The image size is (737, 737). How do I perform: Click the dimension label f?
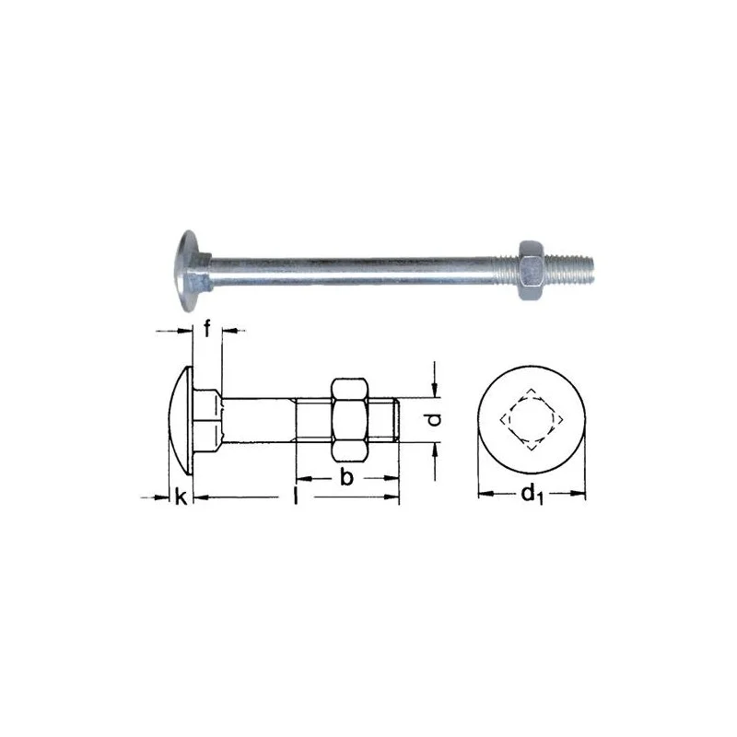point(206,328)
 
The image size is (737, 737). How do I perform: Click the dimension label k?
point(181,497)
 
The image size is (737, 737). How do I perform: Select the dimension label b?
point(346,477)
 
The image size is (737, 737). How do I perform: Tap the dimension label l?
point(296,496)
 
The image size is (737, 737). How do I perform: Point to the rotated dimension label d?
point(435,419)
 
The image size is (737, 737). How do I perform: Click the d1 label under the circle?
point(532,495)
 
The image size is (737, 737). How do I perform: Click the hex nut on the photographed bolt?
point(532,270)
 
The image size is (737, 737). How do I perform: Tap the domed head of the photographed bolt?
point(190,271)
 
